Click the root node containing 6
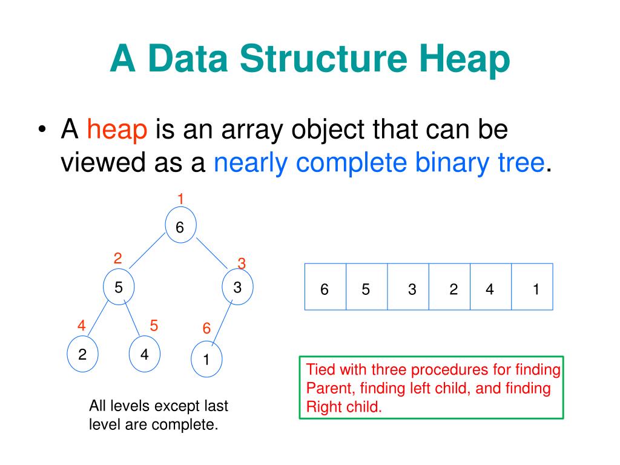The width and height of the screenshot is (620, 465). click(180, 227)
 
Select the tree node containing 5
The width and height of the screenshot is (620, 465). click(119, 287)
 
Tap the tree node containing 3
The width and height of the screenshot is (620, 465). click(238, 287)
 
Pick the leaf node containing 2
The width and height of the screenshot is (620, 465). click(82, 354)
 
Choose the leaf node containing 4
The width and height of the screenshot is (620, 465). click(144, 354)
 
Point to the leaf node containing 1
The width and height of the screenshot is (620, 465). click(206, 359)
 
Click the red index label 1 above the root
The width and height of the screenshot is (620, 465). click(180, 198)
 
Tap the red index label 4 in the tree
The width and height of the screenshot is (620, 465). click(81, 325)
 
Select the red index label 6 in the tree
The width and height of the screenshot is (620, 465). click(206, 329)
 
